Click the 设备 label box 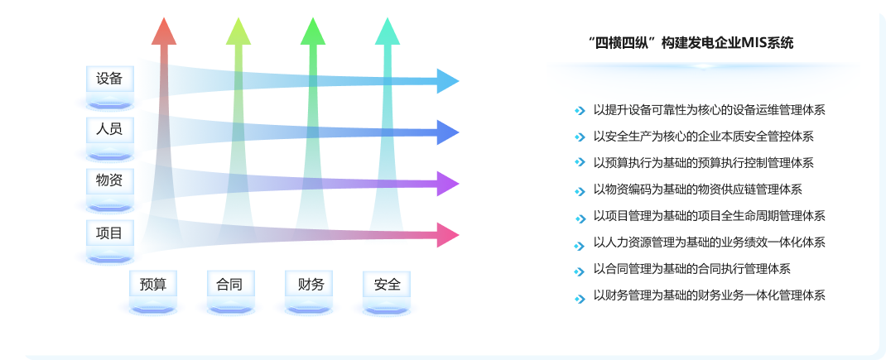point(109,79)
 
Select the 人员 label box point(109,130)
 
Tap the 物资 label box point(109,181)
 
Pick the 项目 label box point(109,233)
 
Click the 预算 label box point(153,284)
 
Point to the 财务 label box point(309,284)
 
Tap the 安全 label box point(387,284)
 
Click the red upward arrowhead point(164,31)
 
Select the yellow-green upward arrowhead point(238,31)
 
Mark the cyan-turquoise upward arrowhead point(388,31)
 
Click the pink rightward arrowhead point(448,235)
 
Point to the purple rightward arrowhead point(448,184)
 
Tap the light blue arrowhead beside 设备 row point(448,81)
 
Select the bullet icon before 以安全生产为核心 point(580,137)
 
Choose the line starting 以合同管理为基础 point(691,269)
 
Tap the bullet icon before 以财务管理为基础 point(580,299)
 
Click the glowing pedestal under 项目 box point(109,257)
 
